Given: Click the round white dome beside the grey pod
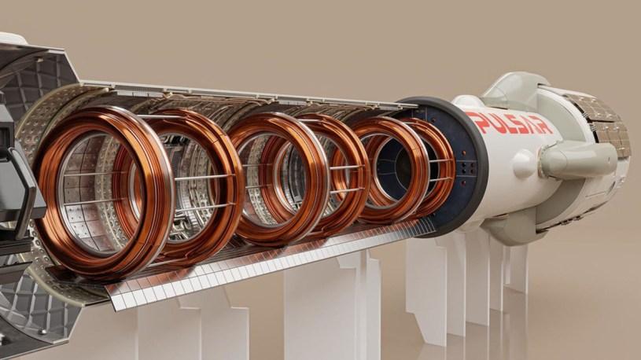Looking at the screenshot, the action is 524,163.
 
